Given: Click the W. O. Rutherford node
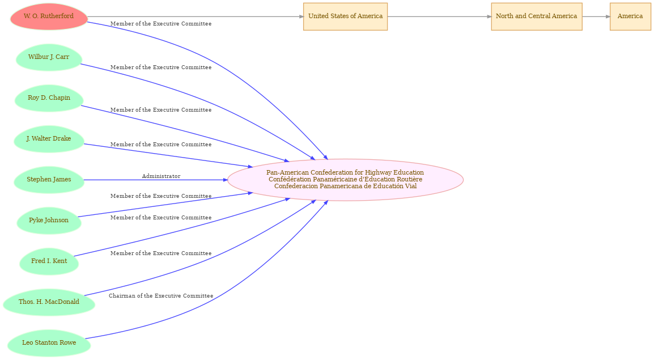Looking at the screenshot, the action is tap(49, 16).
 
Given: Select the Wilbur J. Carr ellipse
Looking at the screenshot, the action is tap(49, 57).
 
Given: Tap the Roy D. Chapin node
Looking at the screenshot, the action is tap(49, 98).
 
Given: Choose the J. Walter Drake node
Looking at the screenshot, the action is tap(49, 139).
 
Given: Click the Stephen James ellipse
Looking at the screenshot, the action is tap(49, 180).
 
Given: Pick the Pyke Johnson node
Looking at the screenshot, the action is tap(49, 221).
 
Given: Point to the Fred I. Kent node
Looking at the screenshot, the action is tap(49, 261).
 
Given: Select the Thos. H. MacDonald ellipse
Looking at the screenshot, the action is tap(49, 302).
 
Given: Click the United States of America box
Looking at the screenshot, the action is tap(345, 16).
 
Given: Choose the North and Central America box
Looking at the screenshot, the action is tap(536, 16).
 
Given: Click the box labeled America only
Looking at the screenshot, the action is tap(630, 16).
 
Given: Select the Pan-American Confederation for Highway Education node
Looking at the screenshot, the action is tap(345, 180).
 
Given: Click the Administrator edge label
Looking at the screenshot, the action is tap(161, 176).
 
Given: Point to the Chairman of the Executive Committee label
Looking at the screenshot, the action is tap(161, 296).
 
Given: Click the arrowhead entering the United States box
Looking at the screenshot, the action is tap(301, 16).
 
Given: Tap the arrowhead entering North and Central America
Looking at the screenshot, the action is tap(489, 16).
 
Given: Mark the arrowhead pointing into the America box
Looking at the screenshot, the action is tap(608, 16).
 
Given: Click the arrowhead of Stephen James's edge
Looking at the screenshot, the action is tap(225, 180).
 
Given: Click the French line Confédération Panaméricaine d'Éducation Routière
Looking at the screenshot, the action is tap(345, 179).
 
